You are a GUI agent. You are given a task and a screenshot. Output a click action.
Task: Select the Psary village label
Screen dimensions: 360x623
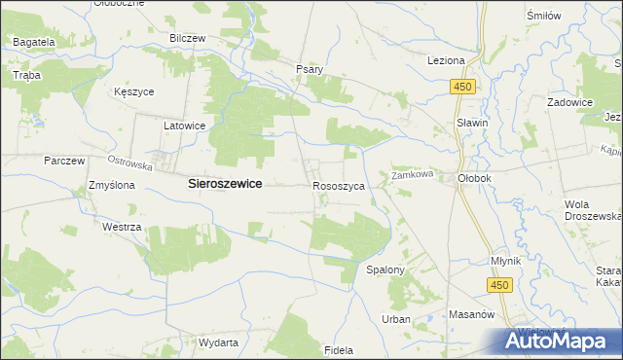(309, 69)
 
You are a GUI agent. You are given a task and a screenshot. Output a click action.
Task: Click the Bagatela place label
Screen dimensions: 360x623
(34, 43)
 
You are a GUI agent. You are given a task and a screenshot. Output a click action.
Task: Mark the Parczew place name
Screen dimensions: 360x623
(65, 161)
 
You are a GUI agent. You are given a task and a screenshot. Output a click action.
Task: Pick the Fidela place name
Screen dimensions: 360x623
(338, 348)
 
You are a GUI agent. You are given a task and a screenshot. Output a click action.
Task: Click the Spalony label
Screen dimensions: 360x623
(385, 269)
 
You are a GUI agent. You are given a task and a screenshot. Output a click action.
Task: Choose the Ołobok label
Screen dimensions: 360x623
(476, 178)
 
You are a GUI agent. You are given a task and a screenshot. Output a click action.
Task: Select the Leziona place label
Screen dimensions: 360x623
(446, 60)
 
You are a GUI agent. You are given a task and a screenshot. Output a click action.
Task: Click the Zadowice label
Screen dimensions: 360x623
(570, 101)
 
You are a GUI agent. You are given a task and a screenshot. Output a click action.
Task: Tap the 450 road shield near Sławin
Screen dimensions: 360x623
(462, 87)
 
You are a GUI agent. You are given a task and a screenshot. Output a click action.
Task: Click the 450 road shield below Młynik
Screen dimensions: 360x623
(499, 284)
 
